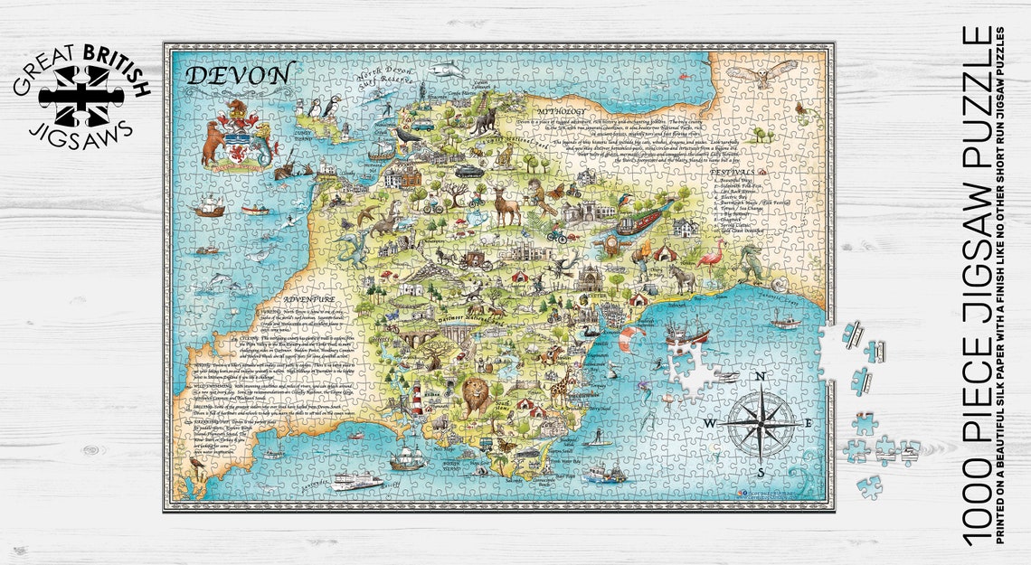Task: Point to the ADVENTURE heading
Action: tap(309, 298)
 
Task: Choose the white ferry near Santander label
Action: tap(355, 480)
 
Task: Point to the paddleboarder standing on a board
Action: tap(597, 439)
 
